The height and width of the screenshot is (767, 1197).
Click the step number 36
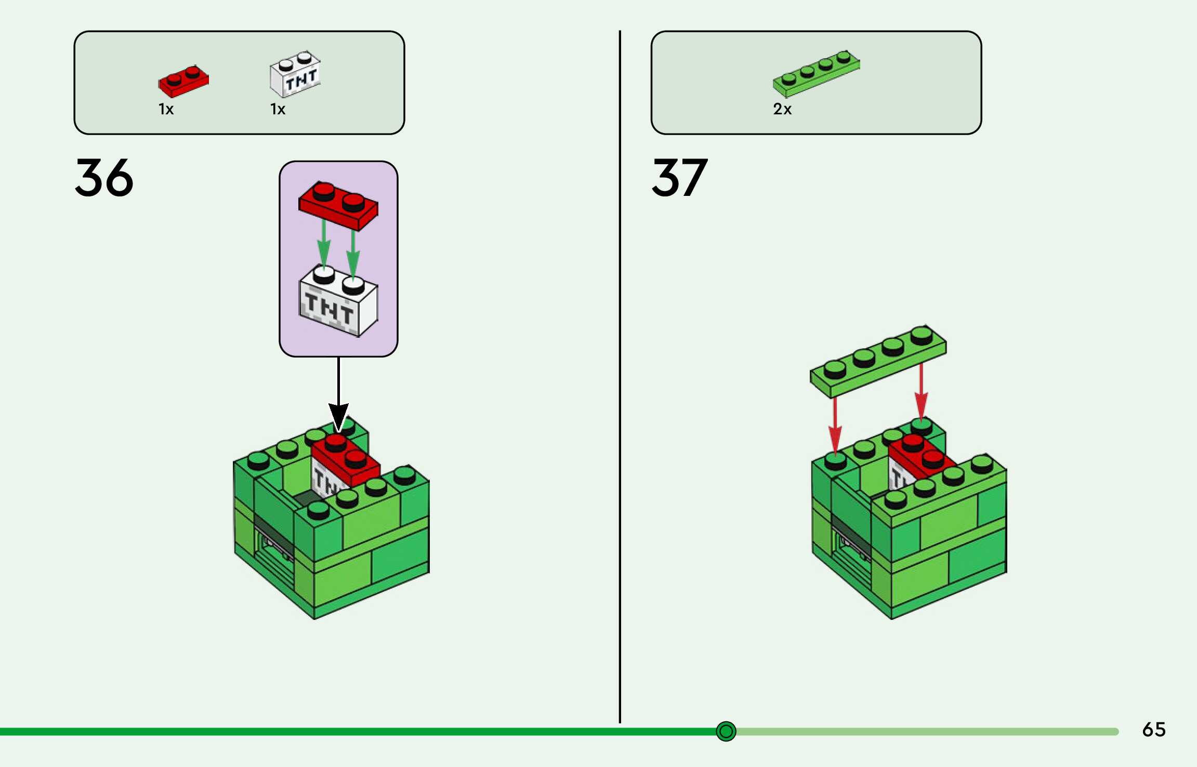pos(104,178)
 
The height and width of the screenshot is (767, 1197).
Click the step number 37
pos(679,178)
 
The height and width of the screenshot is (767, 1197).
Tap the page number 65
pos(1153,730)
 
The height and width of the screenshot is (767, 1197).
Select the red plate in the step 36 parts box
pos(183,82)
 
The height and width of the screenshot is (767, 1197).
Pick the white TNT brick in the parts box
pos(295,74)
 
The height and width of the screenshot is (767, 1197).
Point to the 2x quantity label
pos(782,109)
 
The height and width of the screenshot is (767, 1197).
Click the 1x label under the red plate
pos(166,109)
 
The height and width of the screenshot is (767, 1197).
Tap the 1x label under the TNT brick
pos(278,109)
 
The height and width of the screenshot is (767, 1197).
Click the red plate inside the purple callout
pos(338,204)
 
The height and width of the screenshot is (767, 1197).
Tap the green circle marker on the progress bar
pos(726,731)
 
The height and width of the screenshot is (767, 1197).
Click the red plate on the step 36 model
pos(346,460)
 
